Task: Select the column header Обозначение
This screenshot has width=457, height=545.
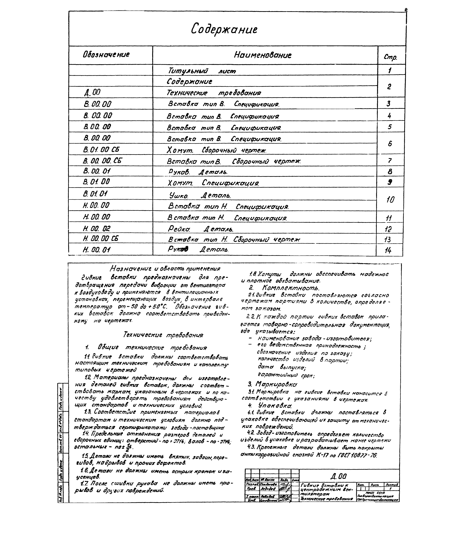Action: pyautogui.click(x=106, y=55)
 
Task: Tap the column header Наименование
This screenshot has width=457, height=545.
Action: pyautogui.click(x=262, y=55)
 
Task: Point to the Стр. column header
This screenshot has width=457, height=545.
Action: pyautogui.click(x=390, y=57)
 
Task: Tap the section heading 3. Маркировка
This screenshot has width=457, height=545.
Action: pyautogui.click(x=272, y=384)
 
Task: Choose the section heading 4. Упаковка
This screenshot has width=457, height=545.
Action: pyautogui.click(x=270, y=405)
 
